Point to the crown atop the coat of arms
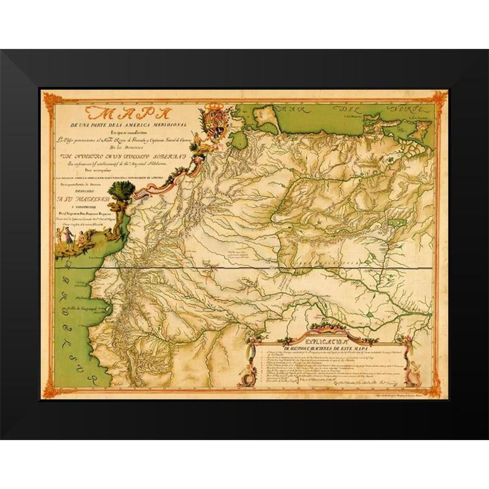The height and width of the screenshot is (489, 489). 213,107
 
